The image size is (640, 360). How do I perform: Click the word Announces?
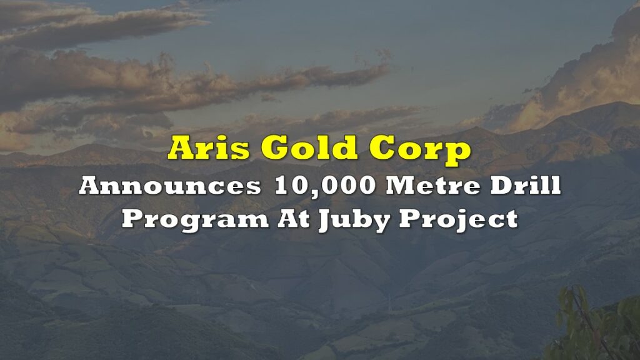170,186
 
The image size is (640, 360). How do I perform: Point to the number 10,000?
325,186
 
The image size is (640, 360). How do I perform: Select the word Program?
195,221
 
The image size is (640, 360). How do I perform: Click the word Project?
459,220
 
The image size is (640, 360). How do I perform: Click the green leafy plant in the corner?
594,324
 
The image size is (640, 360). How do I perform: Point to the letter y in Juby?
381,223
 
